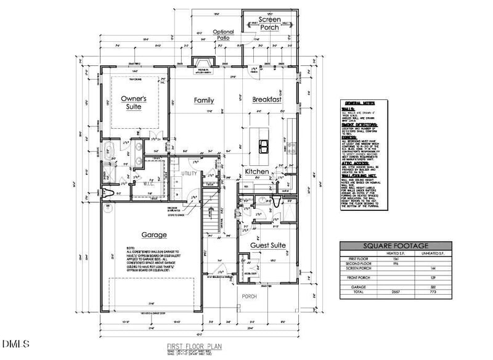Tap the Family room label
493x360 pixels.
tap(203, 100)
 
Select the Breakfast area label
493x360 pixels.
tap(266, 99)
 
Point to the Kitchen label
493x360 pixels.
tap(256, 171)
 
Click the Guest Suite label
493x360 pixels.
tap(268, 245)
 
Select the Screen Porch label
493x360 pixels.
tap(269, 23)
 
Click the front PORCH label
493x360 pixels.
tap(249, 296)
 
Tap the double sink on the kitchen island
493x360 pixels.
tap(263, 146)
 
